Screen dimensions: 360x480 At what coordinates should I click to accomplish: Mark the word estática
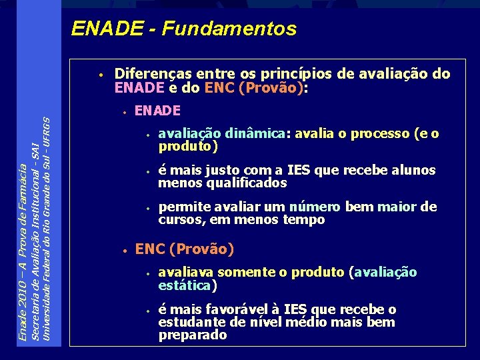coord(185,285)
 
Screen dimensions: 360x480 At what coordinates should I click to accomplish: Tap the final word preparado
coord(193,335)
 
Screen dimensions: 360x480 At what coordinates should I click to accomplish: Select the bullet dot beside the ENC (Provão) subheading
coord(124,250)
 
